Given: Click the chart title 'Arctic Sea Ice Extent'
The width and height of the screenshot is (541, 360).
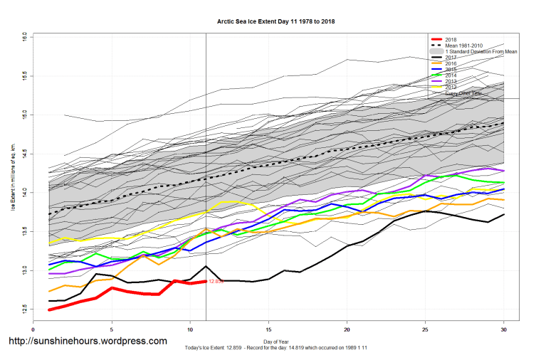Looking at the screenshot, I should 275,21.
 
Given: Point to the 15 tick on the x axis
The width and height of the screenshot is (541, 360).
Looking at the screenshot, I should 268,329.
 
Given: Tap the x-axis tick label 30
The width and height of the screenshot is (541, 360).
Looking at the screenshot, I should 504,329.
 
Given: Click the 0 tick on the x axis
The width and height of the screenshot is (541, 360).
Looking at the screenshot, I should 33,329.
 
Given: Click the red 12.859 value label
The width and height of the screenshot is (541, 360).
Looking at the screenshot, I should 216,282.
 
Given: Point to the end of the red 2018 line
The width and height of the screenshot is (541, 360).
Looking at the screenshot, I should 206,281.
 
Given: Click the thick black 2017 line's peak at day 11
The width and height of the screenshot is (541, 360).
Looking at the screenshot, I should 206,267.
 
